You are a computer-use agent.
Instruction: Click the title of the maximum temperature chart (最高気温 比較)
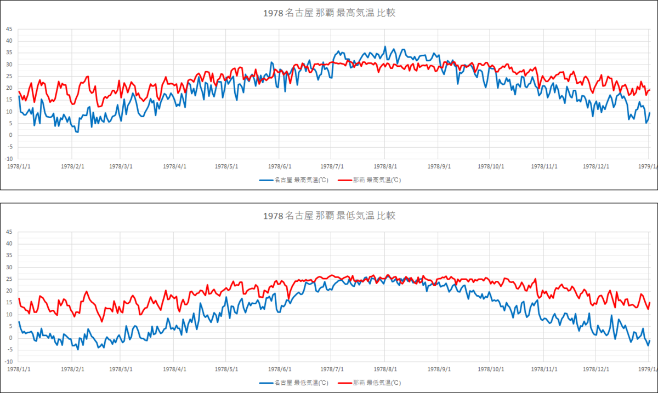click(x=329, y=13)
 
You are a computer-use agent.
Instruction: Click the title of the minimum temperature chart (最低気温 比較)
click(x=329, y=216)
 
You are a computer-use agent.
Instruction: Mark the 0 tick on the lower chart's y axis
click(x=10, y=338)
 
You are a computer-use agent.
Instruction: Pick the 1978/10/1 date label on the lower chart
click(x=491, y=369)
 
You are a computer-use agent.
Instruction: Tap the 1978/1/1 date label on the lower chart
click(x=19, y=369)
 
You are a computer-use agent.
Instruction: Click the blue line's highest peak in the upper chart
click(x=385, y=47)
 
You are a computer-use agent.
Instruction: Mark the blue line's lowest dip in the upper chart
click(x=77, y=132)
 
